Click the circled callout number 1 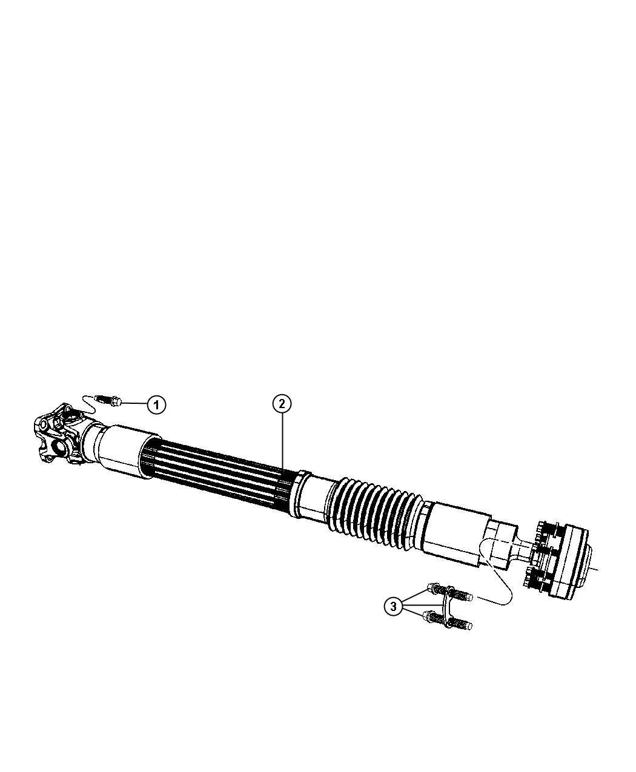156,404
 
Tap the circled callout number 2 282,403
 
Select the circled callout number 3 394,605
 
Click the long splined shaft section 218,476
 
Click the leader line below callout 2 282,442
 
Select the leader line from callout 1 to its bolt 134,403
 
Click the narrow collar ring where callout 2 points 300,493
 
